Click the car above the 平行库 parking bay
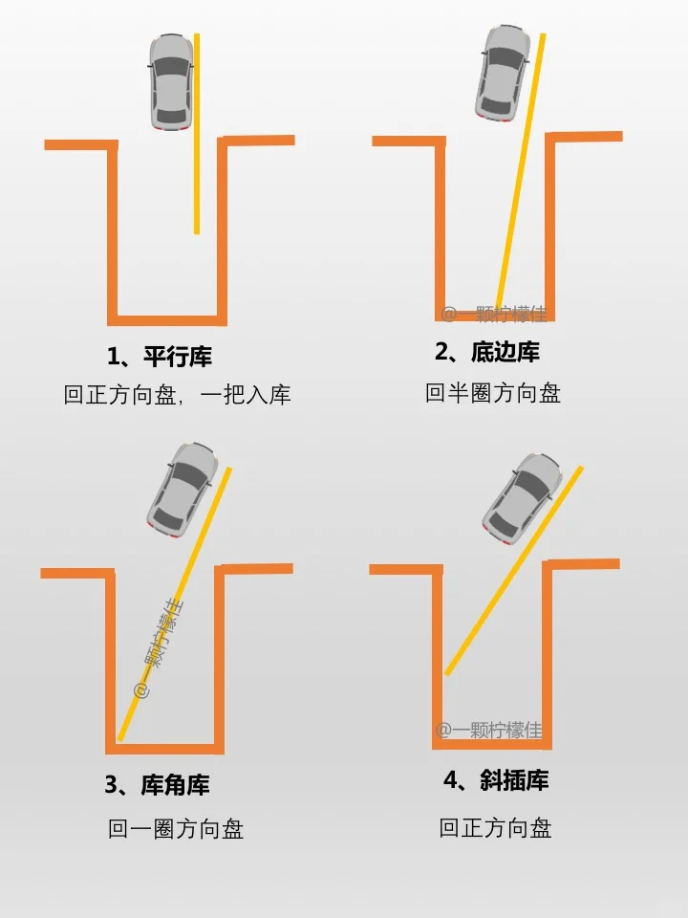coord(171,81)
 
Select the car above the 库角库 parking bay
coord(182,490)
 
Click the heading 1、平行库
coord(160,356)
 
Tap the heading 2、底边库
coord(487,351)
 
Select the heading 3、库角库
coord(157,784)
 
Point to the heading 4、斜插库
coord(496,780)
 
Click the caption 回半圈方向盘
coord(493,393)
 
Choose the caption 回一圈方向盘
coord(176,829)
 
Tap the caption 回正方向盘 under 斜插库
coord(495,828)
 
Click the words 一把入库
coord(246,395)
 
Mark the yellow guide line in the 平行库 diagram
coord(197,134)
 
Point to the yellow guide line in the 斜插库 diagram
coord(514,571)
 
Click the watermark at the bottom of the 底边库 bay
coord(494,315)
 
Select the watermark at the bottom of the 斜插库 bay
coord(489,730)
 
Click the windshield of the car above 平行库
coord(171,66)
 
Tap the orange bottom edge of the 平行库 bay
coord(167,320)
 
